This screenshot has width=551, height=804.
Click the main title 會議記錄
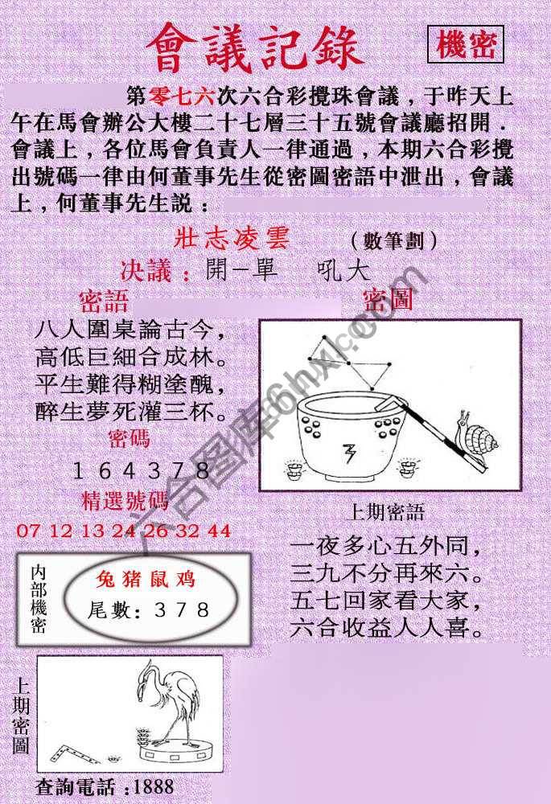(x=256, y=50)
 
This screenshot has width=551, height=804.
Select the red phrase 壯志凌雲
(x=231, y=239)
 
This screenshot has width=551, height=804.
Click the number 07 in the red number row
(x=27, y=531)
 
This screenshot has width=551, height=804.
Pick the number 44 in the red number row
(x=219, y=531)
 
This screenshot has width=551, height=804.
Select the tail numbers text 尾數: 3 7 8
(x=149, y=610)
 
